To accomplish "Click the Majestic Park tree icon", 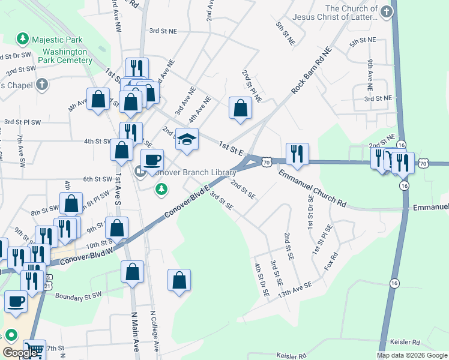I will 23,40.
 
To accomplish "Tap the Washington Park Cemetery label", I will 65,56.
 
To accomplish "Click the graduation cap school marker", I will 187,139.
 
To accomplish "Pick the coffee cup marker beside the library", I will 152,160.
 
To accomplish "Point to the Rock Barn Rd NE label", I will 312,70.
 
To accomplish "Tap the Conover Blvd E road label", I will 190,201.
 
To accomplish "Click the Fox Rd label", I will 331,263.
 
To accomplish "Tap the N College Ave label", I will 155,331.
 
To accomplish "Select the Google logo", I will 20,353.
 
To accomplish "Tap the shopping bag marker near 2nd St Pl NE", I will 240,109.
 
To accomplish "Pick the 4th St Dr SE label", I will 262,280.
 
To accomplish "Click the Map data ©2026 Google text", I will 412,355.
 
